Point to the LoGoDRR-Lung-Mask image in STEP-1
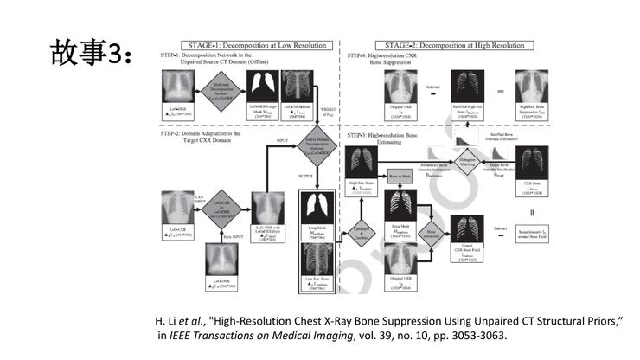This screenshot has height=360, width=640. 266,86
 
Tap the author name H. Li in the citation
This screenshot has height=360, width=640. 166,320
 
